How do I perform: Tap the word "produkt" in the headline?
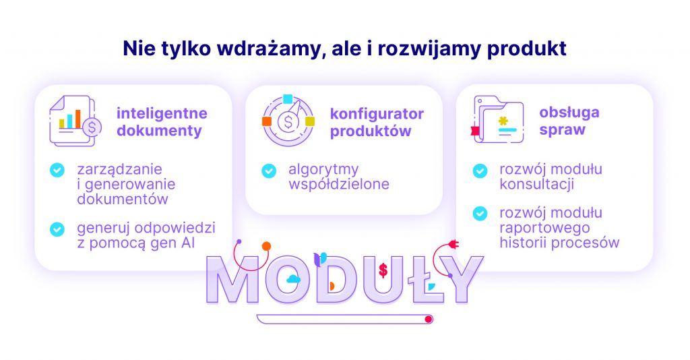coord(526,49)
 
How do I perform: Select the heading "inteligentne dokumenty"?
coord(162,122)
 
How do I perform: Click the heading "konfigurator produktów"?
coord(377,122)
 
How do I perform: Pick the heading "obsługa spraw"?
coord(569,121)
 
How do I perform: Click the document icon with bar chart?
coord(75,121)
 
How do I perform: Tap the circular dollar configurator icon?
coord(288,120)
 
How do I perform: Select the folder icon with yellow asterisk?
coord(497,119)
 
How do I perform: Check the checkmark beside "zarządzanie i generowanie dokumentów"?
coord(57,170)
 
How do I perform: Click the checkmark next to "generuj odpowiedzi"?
coord(57,229)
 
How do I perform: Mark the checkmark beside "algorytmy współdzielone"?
coord(269,171)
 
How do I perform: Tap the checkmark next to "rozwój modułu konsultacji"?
coord(480,171)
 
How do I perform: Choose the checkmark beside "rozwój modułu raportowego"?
coord(480,214)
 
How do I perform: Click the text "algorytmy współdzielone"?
coord(339,177)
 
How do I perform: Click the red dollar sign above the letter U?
coord(383,270)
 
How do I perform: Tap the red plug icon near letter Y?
coord(453,244)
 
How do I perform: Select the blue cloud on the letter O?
coord(293,278)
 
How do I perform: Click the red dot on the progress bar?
coord(428,319)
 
